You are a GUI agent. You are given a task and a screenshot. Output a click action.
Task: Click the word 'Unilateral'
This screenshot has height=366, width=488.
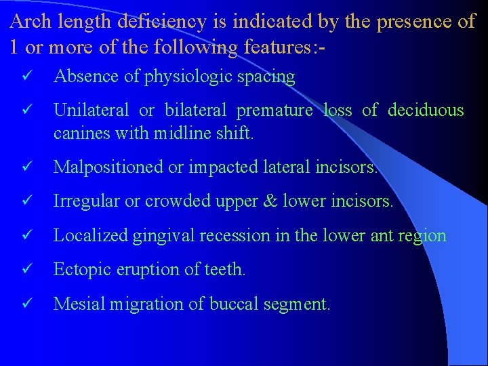pos(91,110)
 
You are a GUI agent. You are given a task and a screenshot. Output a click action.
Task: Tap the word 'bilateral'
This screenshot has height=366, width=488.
pos(192,110)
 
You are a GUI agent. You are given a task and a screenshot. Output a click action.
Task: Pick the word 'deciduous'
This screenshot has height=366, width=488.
pos(426,110)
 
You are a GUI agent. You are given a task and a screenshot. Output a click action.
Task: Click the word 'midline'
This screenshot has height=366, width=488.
pos(176,134)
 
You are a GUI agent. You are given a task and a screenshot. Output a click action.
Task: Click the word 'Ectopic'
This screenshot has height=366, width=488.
pos(77,270)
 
